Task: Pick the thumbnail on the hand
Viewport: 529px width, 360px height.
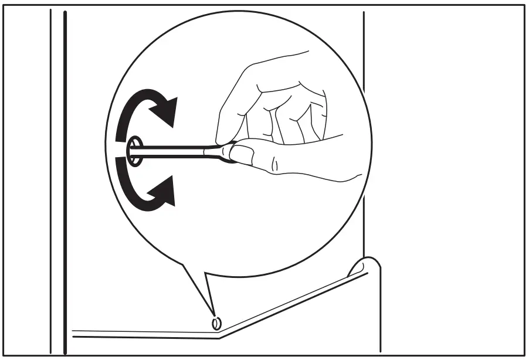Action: (242, 154)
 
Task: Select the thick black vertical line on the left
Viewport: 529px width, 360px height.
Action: (65, 176)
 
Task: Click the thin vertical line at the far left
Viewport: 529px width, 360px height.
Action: (51, 176)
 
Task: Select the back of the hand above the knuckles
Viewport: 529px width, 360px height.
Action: (282, 76)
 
